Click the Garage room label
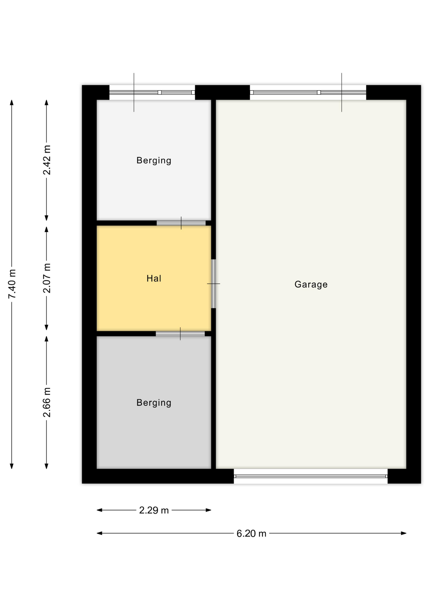311,284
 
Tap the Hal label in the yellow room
154,279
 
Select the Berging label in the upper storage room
154,160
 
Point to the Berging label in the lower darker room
154,403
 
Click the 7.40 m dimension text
12,284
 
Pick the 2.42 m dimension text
47,160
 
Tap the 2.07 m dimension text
47,278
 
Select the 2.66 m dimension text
47,402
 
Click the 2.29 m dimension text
154,510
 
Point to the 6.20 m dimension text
251,533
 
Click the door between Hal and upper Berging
181,223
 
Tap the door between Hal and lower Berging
180,334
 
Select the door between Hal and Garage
213,284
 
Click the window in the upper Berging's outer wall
152,92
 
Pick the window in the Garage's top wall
308,92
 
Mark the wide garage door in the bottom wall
311,476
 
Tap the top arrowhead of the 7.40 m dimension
12,102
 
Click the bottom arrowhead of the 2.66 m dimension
46,466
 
